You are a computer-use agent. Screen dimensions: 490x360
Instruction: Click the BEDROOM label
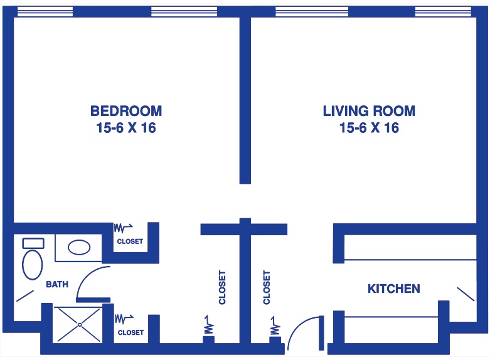pos(126,111)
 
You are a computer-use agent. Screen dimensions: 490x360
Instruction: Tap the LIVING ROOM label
pos(369,111)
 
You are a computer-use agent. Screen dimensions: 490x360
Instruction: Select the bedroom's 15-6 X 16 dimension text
pos(126,128)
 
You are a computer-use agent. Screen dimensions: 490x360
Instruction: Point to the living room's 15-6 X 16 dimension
pos(369,128)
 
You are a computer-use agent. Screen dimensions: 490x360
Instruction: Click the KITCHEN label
pos(394,289)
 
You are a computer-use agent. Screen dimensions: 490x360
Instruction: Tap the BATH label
pos(57,284)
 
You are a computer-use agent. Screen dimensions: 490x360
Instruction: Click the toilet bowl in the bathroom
pos(32,265)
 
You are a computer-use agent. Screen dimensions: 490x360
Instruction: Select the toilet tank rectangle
pos(33,243)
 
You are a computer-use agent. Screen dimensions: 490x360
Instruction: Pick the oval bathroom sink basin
pos(79,248)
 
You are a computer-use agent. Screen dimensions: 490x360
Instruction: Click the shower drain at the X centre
pos(80,325)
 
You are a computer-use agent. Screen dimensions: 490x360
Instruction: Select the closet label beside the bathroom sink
pos(130,241)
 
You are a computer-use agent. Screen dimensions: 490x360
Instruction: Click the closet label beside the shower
pos(130,332)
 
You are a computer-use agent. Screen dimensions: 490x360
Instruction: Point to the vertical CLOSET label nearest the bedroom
pos(222,287)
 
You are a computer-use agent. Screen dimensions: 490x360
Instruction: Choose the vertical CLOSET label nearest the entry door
pos(266,287)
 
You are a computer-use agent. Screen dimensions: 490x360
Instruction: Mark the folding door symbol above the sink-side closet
pos(123,228)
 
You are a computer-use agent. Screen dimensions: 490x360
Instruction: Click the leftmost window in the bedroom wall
pos(45,11)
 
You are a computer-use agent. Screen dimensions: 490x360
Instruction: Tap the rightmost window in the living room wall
pos(443,11)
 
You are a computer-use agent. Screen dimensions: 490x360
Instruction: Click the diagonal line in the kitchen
pos(466,294)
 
